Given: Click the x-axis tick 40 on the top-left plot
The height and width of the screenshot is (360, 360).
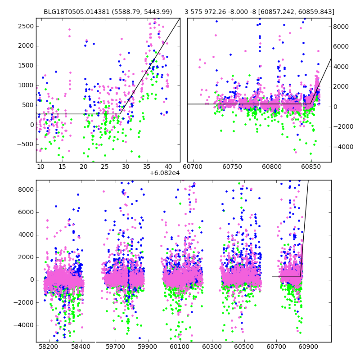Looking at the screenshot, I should [x=168, y=166].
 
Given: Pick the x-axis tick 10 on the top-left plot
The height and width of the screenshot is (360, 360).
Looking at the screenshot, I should [x=41, y=166].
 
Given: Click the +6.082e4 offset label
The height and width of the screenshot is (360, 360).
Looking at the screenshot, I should [x=165, y=173].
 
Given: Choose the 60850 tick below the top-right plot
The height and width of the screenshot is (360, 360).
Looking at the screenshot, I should [x=310, y=166].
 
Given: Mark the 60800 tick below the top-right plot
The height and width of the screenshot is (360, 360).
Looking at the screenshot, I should [x=272, y=166].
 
